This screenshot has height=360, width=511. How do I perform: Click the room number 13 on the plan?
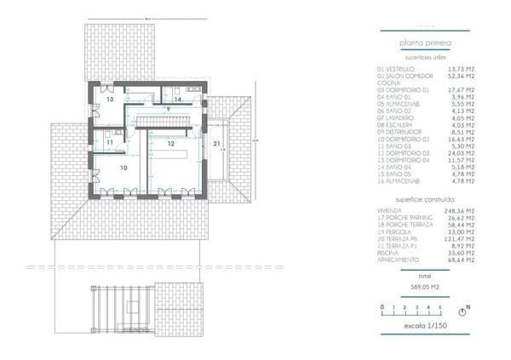[111, 100]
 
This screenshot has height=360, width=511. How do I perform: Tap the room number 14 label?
[177, 100]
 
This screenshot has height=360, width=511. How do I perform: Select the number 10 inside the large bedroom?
[123, 169]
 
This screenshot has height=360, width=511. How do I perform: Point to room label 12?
[170, 144]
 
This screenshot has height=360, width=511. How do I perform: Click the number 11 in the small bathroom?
[99, 142]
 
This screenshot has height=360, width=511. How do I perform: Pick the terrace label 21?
[217, 143]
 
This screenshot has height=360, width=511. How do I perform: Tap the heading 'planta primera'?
[427, 42]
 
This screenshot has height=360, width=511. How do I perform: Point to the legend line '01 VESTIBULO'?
[395, 69]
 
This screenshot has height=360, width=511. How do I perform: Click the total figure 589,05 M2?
[427, 287]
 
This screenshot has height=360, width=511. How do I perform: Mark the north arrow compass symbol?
[468, 306]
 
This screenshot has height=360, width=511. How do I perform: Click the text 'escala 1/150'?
[427, 326]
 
